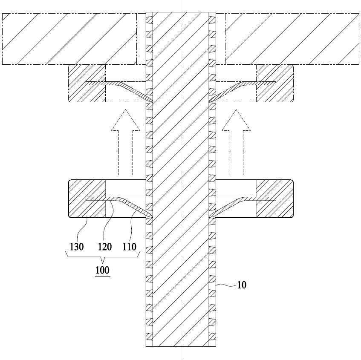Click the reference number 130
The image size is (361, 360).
tap(77, 247)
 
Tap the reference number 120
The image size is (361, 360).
tap(105, 247)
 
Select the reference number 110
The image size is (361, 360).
tap(130, 247)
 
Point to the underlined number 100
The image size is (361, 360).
tap(102, 270)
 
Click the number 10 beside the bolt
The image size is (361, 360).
tap(242, 285)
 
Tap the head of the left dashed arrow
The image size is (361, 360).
tap(125, 120)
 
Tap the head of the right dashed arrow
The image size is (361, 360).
tap(236, 120)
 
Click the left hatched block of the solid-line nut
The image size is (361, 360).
tap(87, 199)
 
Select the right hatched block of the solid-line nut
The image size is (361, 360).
tap(274, 199)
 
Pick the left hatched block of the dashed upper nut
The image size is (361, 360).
tap(87, 84)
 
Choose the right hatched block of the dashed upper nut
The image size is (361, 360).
tap(274, 84)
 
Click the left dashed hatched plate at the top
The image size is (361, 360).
tap(69, 39)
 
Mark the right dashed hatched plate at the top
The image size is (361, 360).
tap(292, 39)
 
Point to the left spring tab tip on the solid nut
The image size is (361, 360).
tap(152, 217)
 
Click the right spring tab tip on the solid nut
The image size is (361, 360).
tap(209, 217)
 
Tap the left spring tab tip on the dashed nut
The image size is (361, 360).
tap(152, 101)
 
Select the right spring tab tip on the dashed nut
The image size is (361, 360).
tap(209, 101)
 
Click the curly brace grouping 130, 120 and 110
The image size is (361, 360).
tap(103, 258)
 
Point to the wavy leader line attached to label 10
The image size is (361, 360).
tap(226, 285)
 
